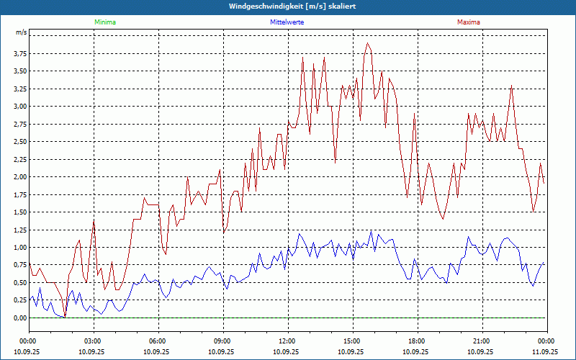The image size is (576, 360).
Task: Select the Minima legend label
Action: (x=104, y=22)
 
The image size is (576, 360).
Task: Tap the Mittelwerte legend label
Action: (x=287, y=22)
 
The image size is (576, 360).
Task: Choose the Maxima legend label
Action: (x=469, y=22)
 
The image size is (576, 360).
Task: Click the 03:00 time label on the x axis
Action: (x=93, y=341)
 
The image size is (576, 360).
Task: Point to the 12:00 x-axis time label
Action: (x=287, y=341)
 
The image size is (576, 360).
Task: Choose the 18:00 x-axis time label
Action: (x=417, y=341)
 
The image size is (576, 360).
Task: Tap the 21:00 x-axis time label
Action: (x=482, y=341)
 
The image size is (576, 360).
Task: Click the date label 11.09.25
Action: (x=546, y=352)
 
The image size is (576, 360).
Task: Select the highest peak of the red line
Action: (x=368, y=43)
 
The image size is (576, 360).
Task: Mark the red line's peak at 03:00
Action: (x=94, y=220)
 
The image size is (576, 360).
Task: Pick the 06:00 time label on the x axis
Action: (x=158, y=341)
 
